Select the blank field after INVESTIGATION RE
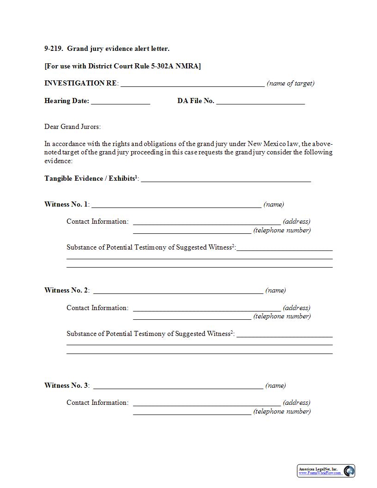tap(192, 84)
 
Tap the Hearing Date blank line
tap(121, 102)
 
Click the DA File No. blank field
tap(260, 102)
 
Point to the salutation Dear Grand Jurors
tap(73, 127)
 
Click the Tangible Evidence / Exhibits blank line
tap(225, 179)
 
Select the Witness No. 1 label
tap(66, 204)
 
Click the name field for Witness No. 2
tap(178, 291)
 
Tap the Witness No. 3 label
tap(66, 385)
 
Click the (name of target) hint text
tap(291, 84)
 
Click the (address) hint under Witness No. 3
tap(297, 403)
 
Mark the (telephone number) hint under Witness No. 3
tap(282, 411)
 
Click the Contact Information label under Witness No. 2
tap(97, 308)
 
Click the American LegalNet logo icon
tap(349, 471)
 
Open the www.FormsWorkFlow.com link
tap(320, 473)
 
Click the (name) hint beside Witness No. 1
tap(274, 204)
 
